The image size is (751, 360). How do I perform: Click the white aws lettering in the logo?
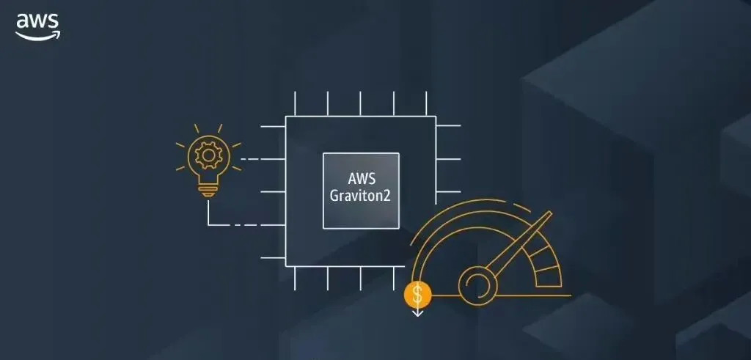pos(37,21)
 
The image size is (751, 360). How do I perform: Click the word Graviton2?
pos(361,197)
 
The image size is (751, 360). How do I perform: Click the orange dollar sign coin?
pos(418,295)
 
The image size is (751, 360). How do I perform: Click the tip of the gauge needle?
pos(549,215)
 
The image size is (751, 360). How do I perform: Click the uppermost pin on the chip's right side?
pos(448,125)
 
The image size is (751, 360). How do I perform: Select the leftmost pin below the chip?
pos(295,278)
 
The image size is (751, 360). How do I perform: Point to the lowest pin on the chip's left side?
pos(274,257)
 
